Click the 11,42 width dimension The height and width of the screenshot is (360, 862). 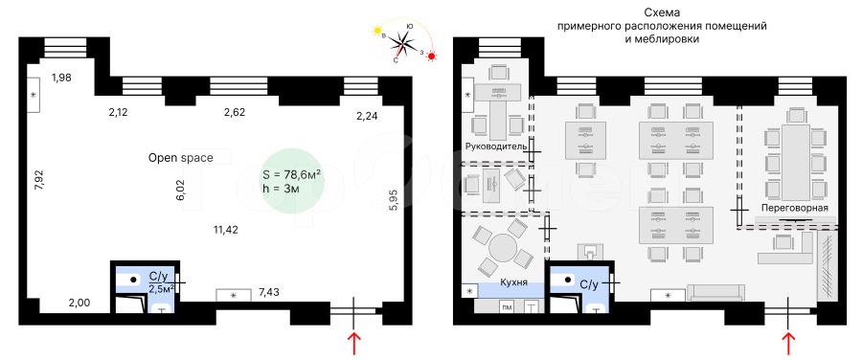pyautogui.click(x=225, y=230)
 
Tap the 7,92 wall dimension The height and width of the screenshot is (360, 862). pyautogui.click(x=38, y=180)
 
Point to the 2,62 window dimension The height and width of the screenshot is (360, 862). pyautogui.click(x=235, y=112)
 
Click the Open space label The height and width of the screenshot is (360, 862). pyautogui.click(x=180, y=158)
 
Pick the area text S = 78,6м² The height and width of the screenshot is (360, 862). pyautogui.click(x=292, y=175)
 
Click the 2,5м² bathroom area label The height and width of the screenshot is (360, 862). pyautogui.click(x=162, y=288)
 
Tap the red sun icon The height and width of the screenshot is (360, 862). pyautogui.click(x=432, y=56)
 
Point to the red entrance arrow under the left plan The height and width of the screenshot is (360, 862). pyautogui.click(x=354, y=343)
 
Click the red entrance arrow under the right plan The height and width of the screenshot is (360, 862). pyautogui.click(x=789, y=343)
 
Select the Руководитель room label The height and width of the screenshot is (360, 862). pyautogui.click(x=496, y=146)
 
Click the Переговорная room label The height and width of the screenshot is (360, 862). pyautogui.click(x=794, y=207)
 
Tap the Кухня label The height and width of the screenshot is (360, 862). pyautogui.click(x=513, y=282)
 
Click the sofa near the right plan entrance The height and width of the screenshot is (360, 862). pyautogui.click(x=715, y=293)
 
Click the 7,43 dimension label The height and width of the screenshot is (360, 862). pyautogui.click(x=268, y=292)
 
